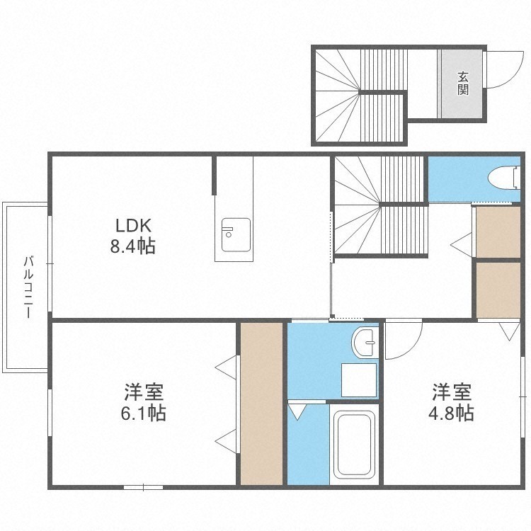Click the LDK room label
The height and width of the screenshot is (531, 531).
pos(133,226)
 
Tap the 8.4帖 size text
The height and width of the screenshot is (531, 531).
pos(133,246)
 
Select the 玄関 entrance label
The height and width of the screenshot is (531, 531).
pos(463,84)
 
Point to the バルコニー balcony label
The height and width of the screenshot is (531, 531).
pos(28,287)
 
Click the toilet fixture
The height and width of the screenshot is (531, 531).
pos(504,177)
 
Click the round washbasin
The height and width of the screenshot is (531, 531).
pos(365,342)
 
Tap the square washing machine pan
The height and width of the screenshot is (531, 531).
pos(359,380)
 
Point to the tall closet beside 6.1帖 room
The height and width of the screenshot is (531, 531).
pos(261,404)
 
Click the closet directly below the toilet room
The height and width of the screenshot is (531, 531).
pos(498,232)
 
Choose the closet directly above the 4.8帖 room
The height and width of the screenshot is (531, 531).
pos(498,290)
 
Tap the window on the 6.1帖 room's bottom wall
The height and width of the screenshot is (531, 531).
pos(143,487)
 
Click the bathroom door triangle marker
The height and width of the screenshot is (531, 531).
pos(297,412)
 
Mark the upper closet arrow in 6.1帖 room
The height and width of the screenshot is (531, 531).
pos(226,367)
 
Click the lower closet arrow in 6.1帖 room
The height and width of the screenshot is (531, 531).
pos(226,441)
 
